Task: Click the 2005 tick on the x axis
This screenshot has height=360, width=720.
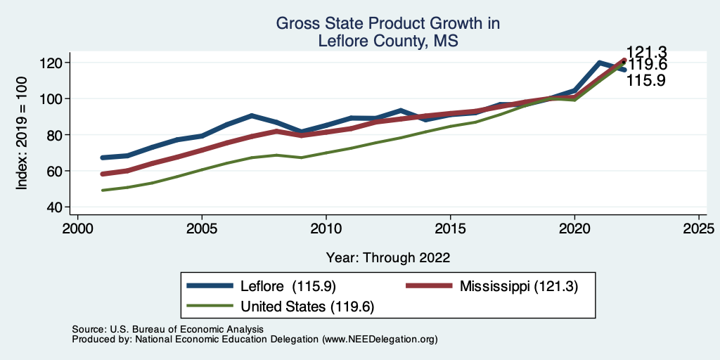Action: (202, 229)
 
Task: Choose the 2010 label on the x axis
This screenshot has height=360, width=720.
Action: (326, 229)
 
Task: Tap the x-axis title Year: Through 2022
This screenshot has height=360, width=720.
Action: (388, 257)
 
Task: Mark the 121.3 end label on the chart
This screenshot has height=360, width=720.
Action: (647, 52)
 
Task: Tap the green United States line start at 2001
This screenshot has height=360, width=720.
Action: (103, 190)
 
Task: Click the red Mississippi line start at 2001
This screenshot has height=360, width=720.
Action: (103, 174)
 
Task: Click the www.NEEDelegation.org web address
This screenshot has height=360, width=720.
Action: (380, 339)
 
